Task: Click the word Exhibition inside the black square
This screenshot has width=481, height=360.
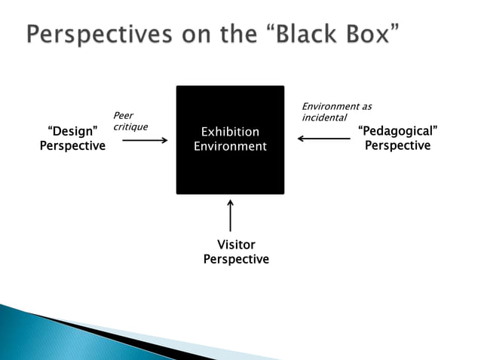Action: tap(230, 133)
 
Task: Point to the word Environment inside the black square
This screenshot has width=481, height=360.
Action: tap(230, 147)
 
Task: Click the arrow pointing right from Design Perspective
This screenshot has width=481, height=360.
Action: tap(144, 139)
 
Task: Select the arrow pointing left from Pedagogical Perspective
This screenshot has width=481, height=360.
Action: tap(323, 139)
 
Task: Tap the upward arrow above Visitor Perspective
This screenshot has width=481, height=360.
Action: tap(230, 215)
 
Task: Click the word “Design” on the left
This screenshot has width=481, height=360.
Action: tap(72, 133)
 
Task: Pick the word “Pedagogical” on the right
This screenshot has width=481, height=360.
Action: tap(397, 132)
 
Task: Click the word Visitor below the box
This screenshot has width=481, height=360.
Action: tap(236, 245)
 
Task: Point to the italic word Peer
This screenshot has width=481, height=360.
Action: tap(122, 115)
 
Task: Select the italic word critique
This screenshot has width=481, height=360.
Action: tap(130, 127)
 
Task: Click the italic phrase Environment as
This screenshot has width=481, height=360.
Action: tap(336, 107)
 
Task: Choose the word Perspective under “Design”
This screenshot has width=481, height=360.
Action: tap(72, 146)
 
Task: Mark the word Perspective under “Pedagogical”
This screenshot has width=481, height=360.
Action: tap(397, 145)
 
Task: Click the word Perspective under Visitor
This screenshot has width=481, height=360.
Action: tap(236, 259)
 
